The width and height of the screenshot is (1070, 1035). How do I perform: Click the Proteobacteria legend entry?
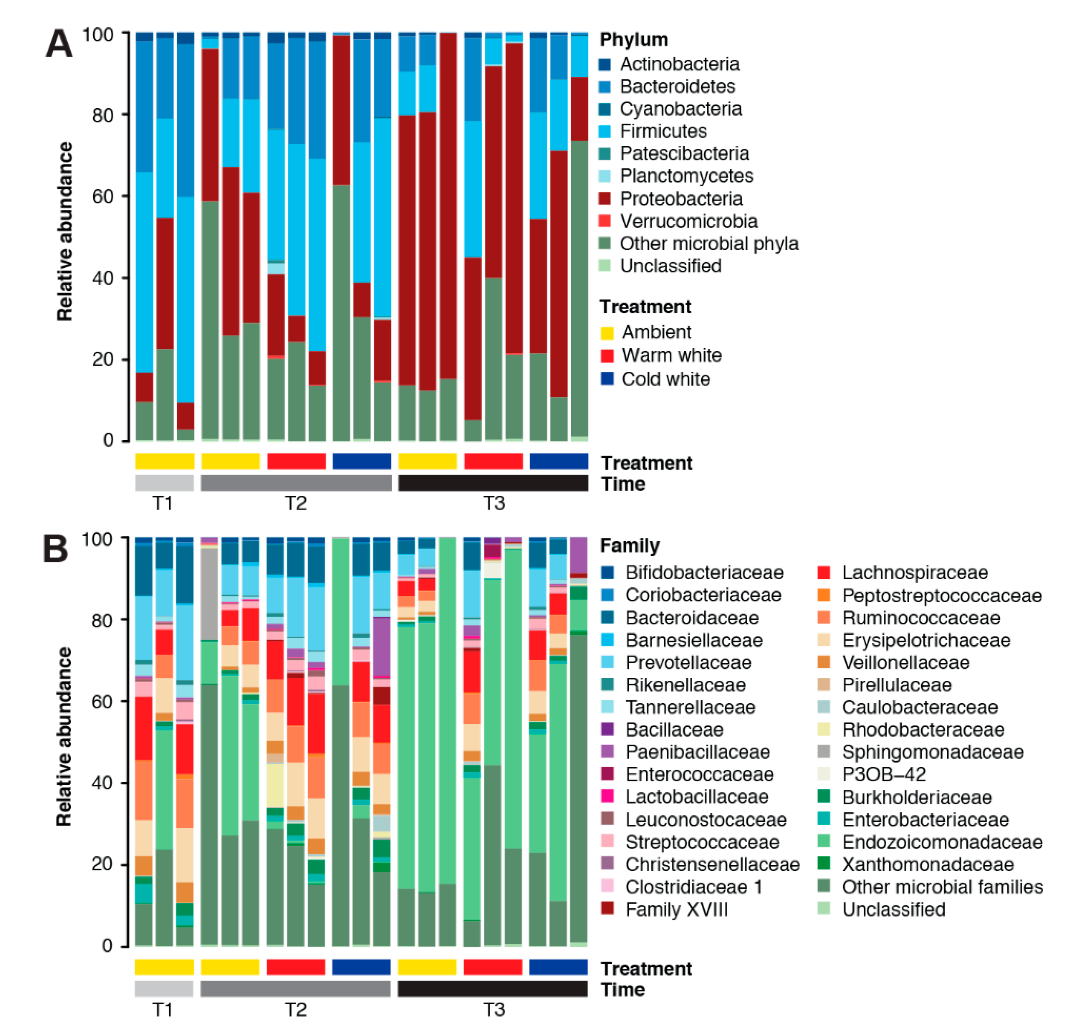click(x=681, y=199)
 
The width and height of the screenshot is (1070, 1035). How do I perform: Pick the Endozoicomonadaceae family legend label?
click(x=942, y=842)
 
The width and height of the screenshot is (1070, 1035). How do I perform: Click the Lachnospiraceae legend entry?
click(x=914, y=572)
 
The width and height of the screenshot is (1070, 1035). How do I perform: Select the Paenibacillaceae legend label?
click(x=697, y=752)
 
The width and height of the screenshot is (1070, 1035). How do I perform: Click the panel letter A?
click(x=59, y=44)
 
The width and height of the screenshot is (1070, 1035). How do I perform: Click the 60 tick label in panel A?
click(x=103, y=196)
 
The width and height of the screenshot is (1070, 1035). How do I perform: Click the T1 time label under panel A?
click(x=163, y=503)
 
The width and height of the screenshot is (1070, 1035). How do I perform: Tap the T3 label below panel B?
click(x=493, y=1009)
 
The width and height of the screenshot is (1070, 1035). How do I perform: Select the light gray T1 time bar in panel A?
click(x=164, y=483)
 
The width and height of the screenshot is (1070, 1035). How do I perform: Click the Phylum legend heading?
click(x=633, y=39)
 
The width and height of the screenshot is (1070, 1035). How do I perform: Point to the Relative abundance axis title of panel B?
click(x=65, y=737)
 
